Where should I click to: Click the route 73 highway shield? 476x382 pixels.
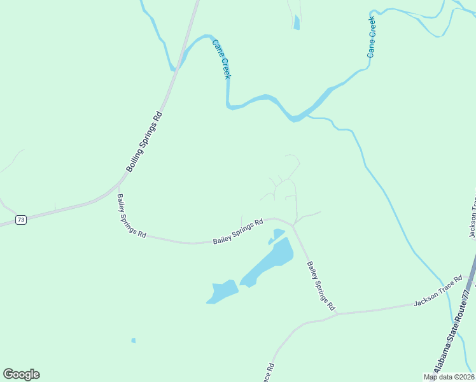[x=21, y=220]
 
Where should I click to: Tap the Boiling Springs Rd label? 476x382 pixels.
[x=144, y=142]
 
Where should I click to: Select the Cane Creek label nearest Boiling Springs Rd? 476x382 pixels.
[x=221, y=59]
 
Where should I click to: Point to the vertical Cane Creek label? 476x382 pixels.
[x=372, y=39]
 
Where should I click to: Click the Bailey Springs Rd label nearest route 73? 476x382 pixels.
[x=131, y=216]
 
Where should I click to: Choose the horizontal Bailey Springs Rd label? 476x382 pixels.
[x=238, y=232]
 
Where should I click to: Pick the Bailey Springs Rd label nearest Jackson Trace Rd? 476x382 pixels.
[x=321, y=286]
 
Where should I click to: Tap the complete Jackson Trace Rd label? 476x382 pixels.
[x=437, y=291]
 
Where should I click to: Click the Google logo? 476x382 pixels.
[x=21, y=374]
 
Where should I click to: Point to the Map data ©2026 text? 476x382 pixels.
[x=449, y=377]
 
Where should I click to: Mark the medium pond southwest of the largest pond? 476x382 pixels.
[x=221, y=292]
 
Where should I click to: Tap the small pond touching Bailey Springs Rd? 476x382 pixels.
[x=277, y=234]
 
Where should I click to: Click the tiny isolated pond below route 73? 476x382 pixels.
[x=134, y=341]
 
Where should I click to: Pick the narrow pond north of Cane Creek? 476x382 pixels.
[x=297, y=23]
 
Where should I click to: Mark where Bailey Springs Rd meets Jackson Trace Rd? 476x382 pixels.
[x=337, y=313]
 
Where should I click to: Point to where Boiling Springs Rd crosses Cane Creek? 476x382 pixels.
[x=180, y=59]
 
